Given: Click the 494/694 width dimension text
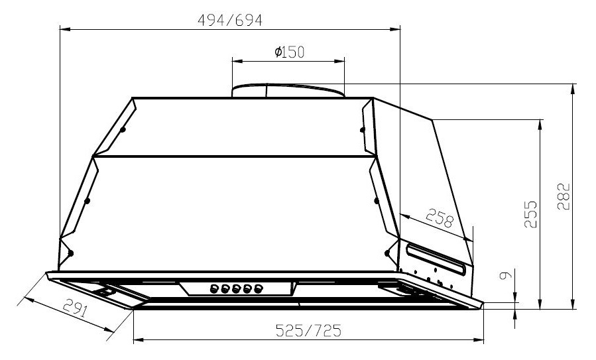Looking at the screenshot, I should point(230,20).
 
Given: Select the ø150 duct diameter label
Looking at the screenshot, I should point(289,52).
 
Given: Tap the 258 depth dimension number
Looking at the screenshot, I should point(438,219).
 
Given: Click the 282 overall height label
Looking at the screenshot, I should point(563,197).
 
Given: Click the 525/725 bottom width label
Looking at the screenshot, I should point(308,331).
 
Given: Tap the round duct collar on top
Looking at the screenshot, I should point(288,90).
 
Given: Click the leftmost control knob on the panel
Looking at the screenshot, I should point(214,288).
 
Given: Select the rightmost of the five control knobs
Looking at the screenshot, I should point(258,288).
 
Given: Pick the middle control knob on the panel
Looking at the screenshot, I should point(236,288).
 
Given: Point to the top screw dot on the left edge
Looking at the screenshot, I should point(123,130).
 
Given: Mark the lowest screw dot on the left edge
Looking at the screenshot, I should point(70,253).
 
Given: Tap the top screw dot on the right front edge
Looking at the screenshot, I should point(362,130).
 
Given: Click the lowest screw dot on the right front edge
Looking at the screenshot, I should point(387,252).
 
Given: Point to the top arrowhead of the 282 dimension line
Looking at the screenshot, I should point(572,88).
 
